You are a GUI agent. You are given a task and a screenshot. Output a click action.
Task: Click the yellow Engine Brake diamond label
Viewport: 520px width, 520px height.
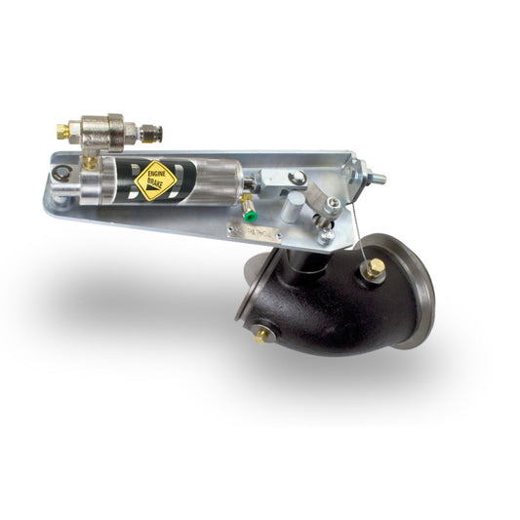[x=155, y=180]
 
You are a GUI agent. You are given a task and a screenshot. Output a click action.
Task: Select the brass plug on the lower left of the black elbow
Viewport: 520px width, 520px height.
[x=262, y=335]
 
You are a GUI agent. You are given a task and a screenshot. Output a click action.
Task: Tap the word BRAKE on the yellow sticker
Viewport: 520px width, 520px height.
[x=157, y=186]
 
